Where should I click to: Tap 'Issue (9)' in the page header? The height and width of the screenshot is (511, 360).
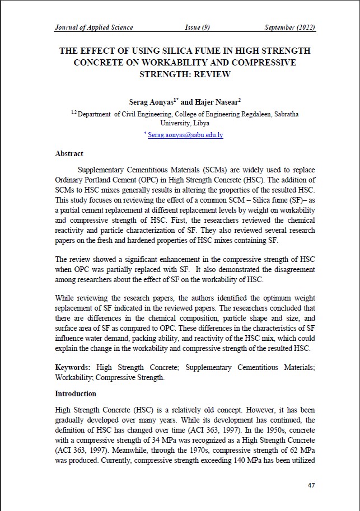click(197, 27)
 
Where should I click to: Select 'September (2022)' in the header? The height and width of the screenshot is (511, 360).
click(290, 27)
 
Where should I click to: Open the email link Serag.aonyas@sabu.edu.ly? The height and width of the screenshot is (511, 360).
click(185, 135)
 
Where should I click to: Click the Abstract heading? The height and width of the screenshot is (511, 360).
click(69, 153)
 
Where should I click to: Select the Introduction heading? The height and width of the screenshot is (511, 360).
click(75, 393)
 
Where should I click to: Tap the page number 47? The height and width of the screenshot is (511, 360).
click(312, 485)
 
